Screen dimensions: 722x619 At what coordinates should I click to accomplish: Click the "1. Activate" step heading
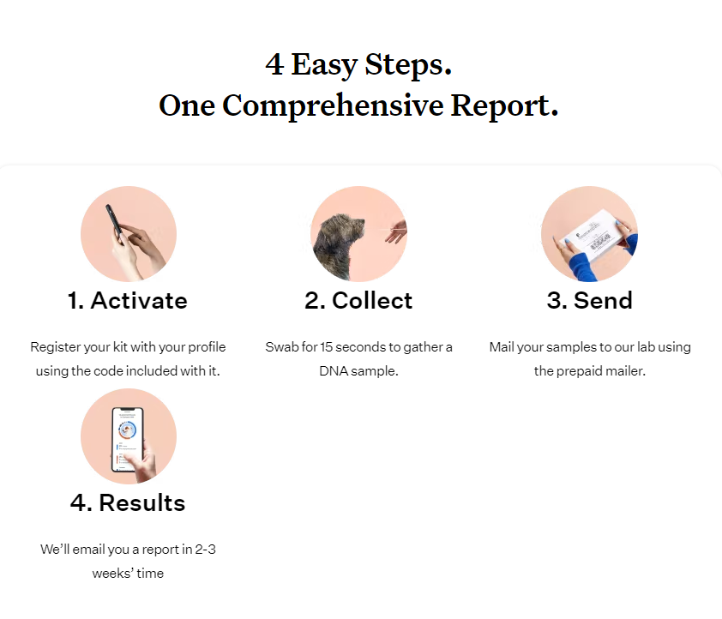[128, 301]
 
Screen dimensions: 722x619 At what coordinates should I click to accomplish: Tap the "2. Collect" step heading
[358, 301]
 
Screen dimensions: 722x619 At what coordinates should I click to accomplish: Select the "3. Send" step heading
[589, 301]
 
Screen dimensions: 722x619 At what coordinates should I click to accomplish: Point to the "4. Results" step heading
[128, 502]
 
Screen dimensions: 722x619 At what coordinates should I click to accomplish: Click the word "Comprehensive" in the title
[333, 105]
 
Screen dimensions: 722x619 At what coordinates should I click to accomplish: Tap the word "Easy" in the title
[324, 65]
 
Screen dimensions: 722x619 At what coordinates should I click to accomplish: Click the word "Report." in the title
[504, 105]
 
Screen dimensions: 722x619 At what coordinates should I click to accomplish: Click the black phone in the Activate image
[114, 221]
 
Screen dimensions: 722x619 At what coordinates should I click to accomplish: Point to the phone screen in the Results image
[128, 440]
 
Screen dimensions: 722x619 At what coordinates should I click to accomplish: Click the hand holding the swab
[396, 232]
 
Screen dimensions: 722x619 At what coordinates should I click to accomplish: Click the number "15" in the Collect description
[326, 347]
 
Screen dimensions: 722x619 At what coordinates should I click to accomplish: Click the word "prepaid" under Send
[579, 371]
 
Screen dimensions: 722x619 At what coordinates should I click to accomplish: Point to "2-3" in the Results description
[205, 550]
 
